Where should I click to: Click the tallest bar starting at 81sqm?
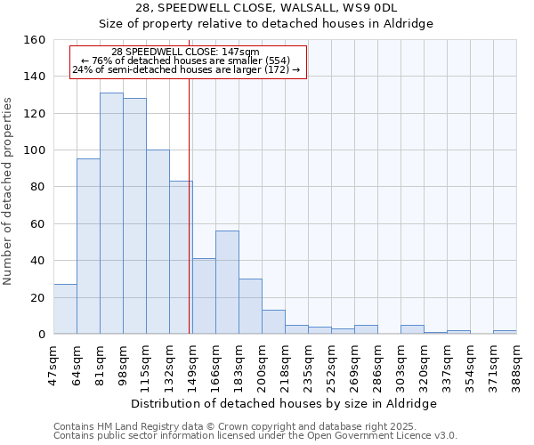pyautogui.click(x=111, y=214)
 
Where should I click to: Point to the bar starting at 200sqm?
pyautogui.click(x=273, y=322)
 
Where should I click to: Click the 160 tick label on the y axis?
pyautogui.click(x=35, y=40)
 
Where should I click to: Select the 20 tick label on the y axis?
pyautogui.click(x=38, y=297)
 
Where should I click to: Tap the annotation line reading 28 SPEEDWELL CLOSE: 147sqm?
pyautogui.click(x=187, y=52)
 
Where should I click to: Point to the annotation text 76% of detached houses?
pyautogui.click(x=187, y=61)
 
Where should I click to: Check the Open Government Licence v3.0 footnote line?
pyautogui.click(x=255, y=435)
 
